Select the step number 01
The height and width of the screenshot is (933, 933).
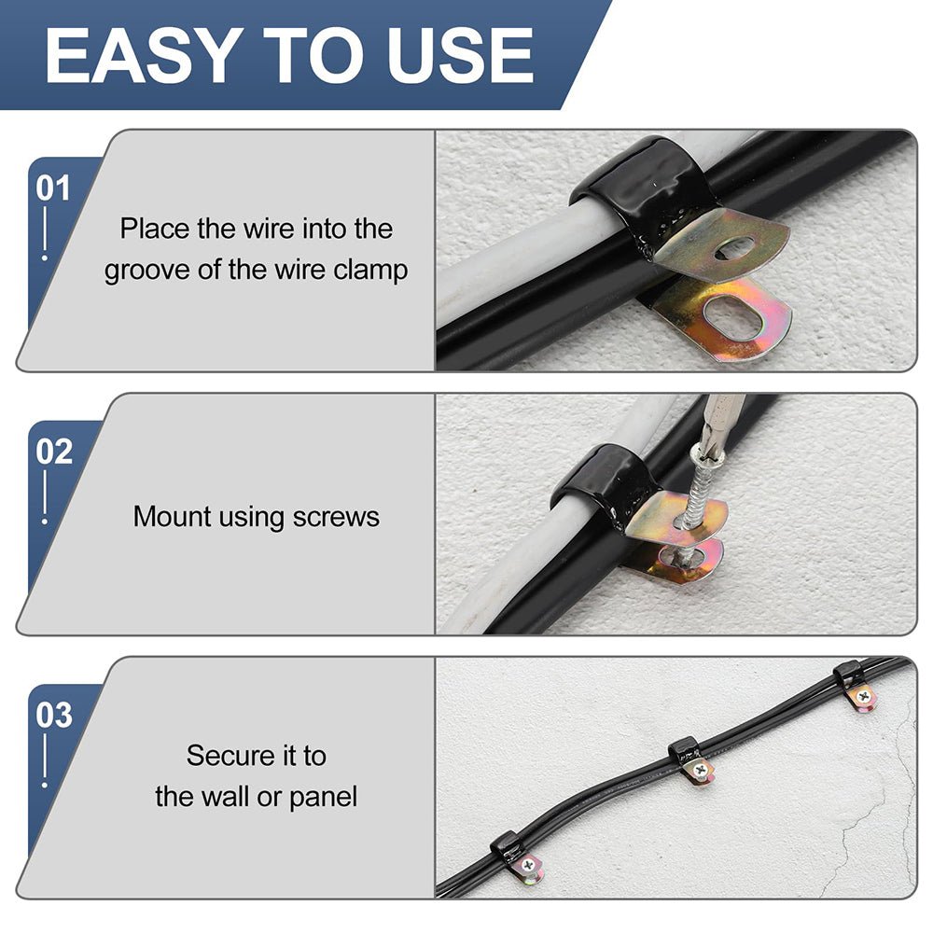pos(53,188)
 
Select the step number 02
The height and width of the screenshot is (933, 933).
pos(53,453)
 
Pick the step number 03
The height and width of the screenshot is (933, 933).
pos(53,716)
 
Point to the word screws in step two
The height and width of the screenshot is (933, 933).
pos(336,517)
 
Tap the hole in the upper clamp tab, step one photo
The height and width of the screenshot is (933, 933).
pos(734,247)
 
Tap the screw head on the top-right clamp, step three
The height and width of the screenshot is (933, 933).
pos(864,696)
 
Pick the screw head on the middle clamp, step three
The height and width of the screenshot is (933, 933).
pos(701,771)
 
